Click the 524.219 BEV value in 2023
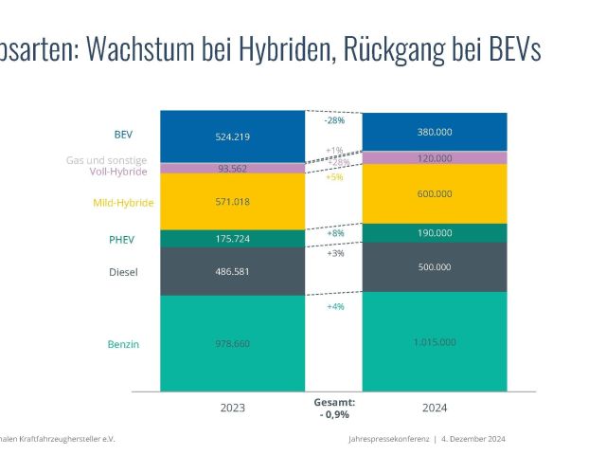[233, 136]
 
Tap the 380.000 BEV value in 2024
[435, 132]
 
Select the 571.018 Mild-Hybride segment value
[233, 202]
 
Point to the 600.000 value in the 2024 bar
[435, 193]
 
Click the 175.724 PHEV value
[233, 239]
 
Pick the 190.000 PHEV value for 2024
[435, 233]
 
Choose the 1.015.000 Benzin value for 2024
[435, 342]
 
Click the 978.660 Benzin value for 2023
[233, 344]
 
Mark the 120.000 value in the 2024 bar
[435, 158]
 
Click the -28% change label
[334, 120]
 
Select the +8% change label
[334, 233]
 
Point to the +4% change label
[334, 307]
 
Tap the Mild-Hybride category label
[123, 203]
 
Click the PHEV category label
[123, 240]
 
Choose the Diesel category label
[123, 273]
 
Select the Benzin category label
[123, 344]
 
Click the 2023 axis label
[233, 409]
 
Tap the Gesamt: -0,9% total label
[334, 409]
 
